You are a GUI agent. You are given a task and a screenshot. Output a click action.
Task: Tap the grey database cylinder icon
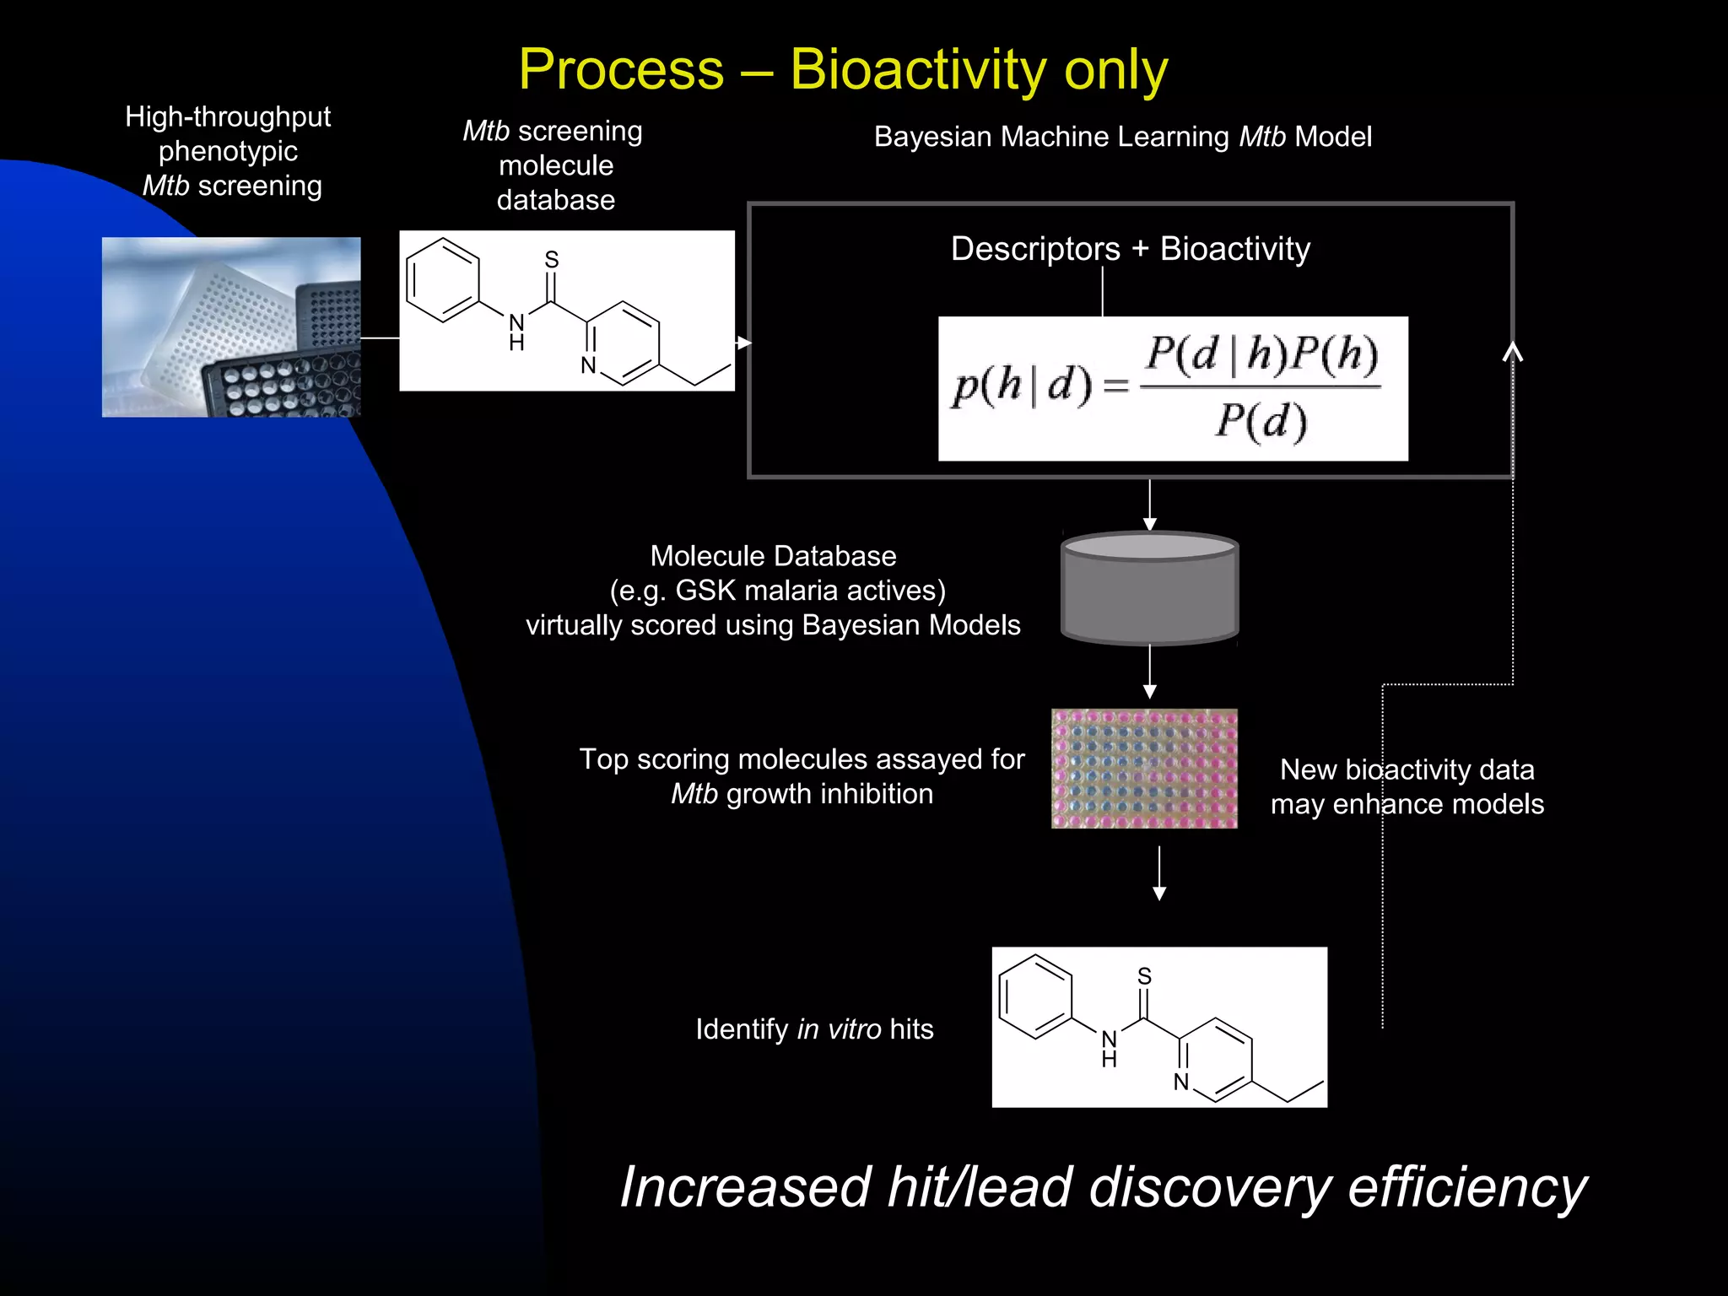click(x=1149, y=588)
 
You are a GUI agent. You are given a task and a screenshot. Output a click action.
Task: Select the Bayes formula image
click(x=1173, y=388)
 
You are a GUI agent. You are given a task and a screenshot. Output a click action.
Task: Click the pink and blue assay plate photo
click(x=1144, y=768)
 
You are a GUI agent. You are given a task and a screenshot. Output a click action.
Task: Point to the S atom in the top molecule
click(x=552, y=260)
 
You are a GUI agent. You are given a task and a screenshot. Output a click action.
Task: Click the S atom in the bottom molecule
click(x=1144, y=976)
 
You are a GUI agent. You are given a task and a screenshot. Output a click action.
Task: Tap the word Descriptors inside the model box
click(x=1035, y=249)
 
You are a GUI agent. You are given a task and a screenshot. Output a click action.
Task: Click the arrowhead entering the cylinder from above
click(x=1149, y=523)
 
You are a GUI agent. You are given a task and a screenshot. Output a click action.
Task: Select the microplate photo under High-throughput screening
click(x=231, y=327)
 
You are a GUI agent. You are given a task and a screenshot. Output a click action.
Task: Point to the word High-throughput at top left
click(x=228, y=116)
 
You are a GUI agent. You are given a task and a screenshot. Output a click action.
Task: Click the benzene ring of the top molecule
click(x=443, y=280)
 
